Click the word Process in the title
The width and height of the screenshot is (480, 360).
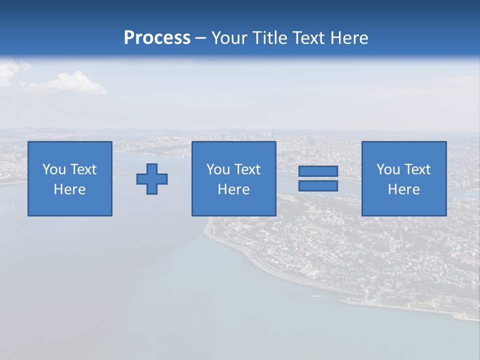click(x=157, y=38)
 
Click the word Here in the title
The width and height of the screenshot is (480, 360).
click(x=349, y=38)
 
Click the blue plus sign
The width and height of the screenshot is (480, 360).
click(x=152, y=178)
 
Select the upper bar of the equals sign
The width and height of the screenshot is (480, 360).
click(x=318, y=171)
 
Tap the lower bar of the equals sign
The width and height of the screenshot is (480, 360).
click(x=318, y=185)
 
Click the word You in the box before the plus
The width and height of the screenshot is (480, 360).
click(x=54, y=169)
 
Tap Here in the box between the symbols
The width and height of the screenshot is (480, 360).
click(x=234, y=189)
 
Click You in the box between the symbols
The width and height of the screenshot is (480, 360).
click(x=218, y=169)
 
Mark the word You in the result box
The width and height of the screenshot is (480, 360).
click(x=388, y=169)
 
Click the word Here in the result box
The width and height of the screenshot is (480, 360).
click(x=404, y=189)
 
